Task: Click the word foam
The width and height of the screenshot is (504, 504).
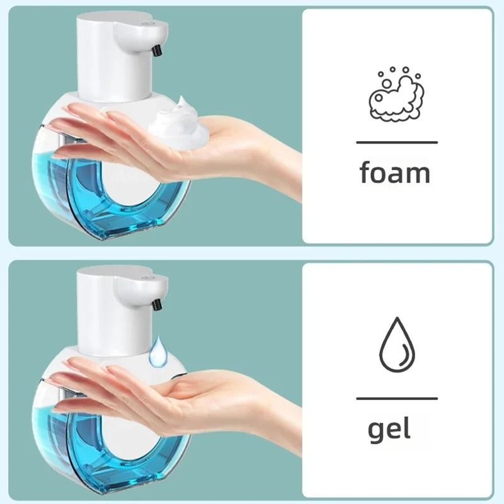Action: click(x=395, y=173)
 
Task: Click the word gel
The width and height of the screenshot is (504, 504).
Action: click(x=389, y=430)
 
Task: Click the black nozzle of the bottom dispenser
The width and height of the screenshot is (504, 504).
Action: click(x=156, y=304)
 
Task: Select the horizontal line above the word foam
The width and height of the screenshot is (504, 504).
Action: click(x=396, y=142)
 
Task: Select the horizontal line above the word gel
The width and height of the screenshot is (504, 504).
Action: click(x=396, y=398)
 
